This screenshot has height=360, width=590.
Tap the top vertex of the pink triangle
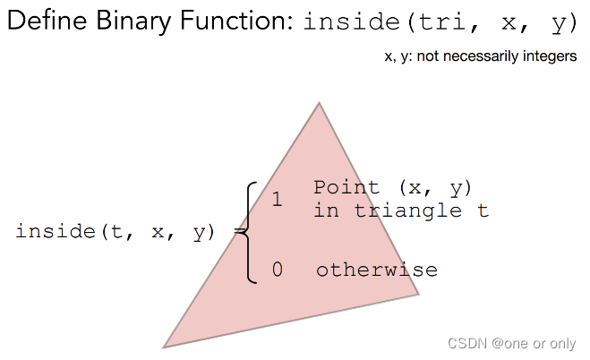319,104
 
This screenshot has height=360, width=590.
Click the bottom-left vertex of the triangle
165,346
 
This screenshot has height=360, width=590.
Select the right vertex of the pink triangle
418,293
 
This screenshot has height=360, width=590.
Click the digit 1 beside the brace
278,199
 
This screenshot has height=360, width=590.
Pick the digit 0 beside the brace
278,270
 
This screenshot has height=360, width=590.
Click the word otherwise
376,270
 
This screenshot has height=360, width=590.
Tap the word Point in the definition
346,188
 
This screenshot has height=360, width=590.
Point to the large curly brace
249,232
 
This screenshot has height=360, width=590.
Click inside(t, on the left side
71,232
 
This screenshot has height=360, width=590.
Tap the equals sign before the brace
239,232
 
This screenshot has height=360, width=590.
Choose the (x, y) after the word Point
434,188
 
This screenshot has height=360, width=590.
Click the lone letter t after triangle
483,210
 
